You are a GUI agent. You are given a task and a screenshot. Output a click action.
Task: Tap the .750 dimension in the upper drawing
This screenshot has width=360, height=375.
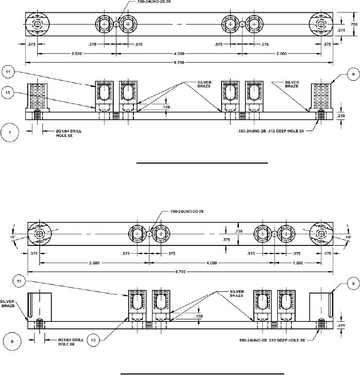click(x=354, y=24)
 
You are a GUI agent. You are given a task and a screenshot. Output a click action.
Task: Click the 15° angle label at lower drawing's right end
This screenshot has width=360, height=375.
click(x=348, y=237)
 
